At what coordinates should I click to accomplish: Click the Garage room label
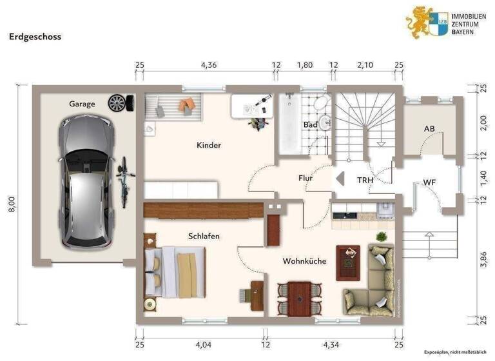[82, 104]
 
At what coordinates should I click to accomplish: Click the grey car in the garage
[86, 182]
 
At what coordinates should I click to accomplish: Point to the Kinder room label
[209, 146]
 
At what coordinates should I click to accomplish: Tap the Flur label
[306, 178]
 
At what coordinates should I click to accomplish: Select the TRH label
[365, 181]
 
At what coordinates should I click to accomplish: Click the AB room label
[429, 128]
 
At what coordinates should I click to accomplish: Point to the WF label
[430, 182]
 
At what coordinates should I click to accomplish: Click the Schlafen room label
[204, 237]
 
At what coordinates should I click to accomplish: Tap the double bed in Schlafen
[175, 271]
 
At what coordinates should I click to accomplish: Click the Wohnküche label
[304, 261]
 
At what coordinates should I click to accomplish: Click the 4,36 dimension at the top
[209, 65]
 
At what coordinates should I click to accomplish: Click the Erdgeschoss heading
[35, 37]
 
